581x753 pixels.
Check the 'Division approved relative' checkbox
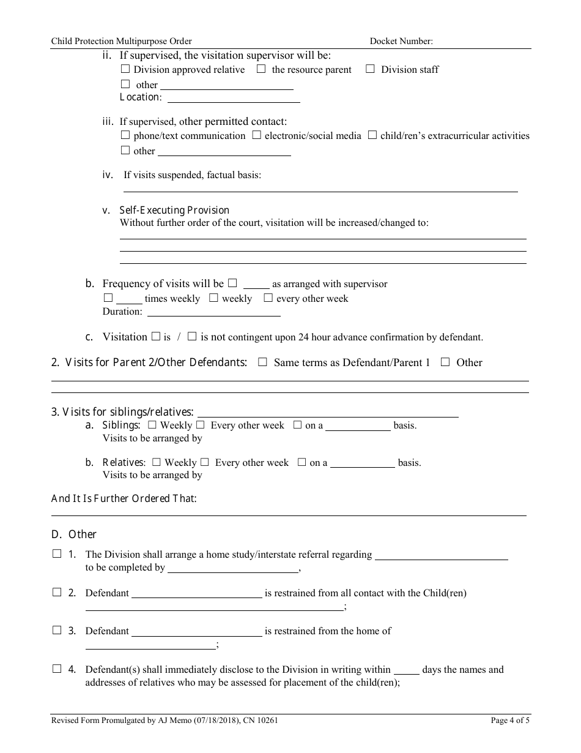click(125, 69)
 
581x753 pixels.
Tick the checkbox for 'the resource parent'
click(261, 69)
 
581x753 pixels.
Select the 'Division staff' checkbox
click(370, 69)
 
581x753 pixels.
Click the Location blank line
click(234, 97)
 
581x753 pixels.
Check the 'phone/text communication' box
click(125, 135)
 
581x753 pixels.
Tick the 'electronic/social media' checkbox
click(257, 135)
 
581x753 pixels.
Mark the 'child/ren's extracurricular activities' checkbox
click(372, 135)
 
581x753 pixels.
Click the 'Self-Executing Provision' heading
click(174, 210)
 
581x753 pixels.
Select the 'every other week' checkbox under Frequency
click(268, 298)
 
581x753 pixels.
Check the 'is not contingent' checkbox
click(192, 336)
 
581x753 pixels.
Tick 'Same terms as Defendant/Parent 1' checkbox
click(263, 362)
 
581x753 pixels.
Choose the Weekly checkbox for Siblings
click(152, 425)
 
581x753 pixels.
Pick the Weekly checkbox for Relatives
click(157, 462)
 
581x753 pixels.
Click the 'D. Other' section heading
click(74, 534)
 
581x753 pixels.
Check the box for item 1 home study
click(57, 554)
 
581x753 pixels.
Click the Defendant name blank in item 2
click(197, 593)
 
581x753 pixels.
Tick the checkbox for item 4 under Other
click(57, 669)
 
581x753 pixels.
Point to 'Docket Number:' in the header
click(401, 42)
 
